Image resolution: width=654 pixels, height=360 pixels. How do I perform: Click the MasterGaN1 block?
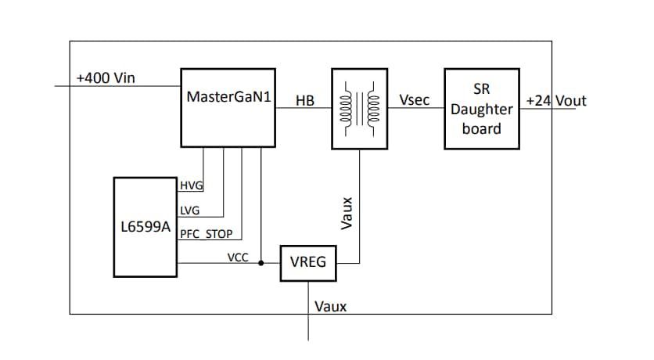(x=228, y=107)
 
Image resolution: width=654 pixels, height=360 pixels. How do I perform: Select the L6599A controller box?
(x=145, y=227)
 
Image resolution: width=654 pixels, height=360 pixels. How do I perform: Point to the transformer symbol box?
(x=359, y=109)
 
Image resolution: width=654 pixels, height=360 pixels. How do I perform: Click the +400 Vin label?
(x=106, y=78)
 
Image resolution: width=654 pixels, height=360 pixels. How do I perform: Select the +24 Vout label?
(x=555, y=101)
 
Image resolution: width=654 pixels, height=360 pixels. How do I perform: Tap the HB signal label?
(x=305, y=101)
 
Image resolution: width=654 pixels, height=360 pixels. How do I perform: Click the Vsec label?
(x=413, y=100)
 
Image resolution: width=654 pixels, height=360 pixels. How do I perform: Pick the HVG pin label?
(x=191, y=185)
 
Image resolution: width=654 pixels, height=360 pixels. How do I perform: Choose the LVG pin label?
(x=190, y=210)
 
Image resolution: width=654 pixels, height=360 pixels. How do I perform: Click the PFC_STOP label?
(x=206, y=233)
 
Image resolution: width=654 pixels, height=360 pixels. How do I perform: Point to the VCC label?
(x=238, y=256)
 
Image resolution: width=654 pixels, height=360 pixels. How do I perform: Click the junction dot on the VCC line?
(x=261, y=264)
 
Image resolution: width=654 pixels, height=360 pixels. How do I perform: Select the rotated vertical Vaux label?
(x=347, y=212)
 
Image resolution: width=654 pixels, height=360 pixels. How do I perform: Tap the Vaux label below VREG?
(x=329, y=306)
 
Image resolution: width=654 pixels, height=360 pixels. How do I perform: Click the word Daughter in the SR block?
(x=481, y=110)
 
